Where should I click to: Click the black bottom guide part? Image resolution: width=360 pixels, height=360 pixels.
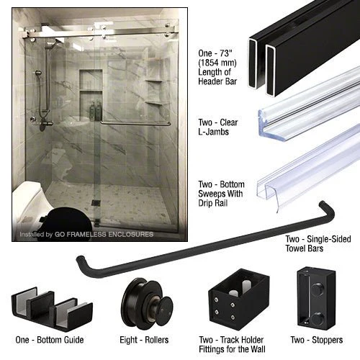click(52, 308)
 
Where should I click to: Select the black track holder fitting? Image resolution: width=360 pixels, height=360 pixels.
click(239, 297)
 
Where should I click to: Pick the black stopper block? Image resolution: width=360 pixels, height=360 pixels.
click(316, 297)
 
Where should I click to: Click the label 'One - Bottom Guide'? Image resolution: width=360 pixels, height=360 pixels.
click(50, 340)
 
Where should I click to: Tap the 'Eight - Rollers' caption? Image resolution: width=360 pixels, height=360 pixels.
click(144, 340)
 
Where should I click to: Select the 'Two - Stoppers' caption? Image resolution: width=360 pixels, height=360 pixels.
click(317, 340)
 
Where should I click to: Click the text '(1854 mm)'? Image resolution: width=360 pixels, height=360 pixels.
click(217, 63)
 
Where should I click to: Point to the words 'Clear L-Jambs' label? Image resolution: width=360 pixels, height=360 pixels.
click(217, 127)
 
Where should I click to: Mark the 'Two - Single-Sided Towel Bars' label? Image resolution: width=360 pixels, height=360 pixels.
click(318, 243)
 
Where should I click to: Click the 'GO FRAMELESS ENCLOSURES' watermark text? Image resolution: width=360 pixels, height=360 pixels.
click(104, 234)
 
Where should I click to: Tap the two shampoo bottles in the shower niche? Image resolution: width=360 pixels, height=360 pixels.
click(96, 111)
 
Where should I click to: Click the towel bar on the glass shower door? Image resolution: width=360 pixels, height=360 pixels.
click(135, 124)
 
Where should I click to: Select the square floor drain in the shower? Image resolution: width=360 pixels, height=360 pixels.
click(96, 202)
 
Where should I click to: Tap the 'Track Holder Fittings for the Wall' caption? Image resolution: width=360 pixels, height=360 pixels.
click(233, 344)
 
